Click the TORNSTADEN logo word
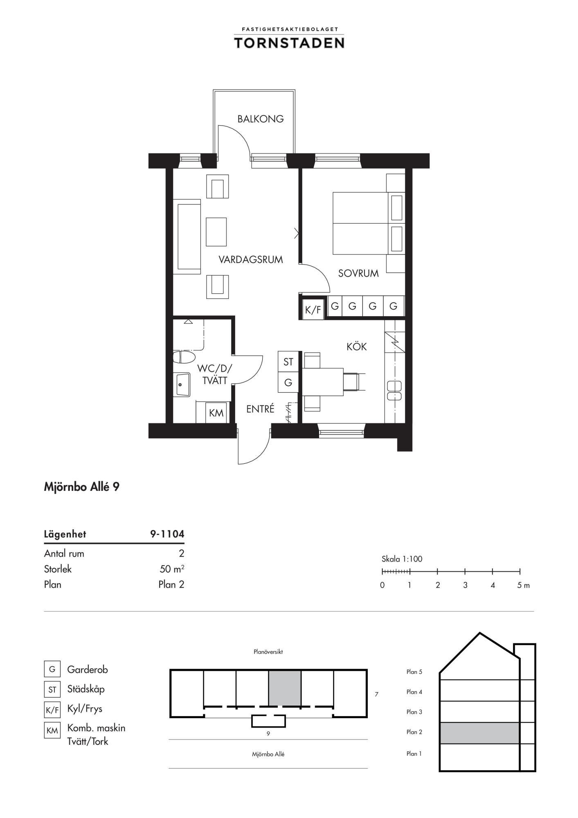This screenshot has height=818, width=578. pyautogui.click(x=289, y=43)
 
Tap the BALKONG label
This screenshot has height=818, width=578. pyautogui.click(x=261, y=119)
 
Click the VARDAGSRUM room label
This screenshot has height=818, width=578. pyautogui.click(x=251, y=260)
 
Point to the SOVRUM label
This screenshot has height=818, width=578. pyautogui.click(x=358, y=274)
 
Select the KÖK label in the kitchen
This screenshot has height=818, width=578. pyautogui.click(x=357, y=346)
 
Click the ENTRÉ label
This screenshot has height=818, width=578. pyautogui.click(x=260, y=409)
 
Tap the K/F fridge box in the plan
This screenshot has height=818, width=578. pyautogui.click(x=313, y=310)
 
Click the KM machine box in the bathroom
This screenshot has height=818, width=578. pyautogui.click(x=216, y=413)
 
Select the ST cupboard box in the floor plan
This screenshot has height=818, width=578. pyautogui.click(x=288, y=362)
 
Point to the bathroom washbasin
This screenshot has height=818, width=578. pyautogui.click(x=183, y=384)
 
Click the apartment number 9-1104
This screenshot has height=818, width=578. pyautogui.click(x=167, y=534)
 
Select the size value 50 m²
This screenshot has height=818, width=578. pyautogui.click(x=172, y=569)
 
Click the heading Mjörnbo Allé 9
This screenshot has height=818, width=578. pyautogui.click(x=82, y=487)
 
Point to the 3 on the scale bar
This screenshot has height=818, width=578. pyautogui.click(x=465, y=585)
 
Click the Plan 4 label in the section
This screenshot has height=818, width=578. pyautogui.click(x=414, y=692)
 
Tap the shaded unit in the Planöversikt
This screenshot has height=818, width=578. pyautogui.click(x=285, y=688)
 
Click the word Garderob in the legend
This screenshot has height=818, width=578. pyautogui.click(x=88, y=670)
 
